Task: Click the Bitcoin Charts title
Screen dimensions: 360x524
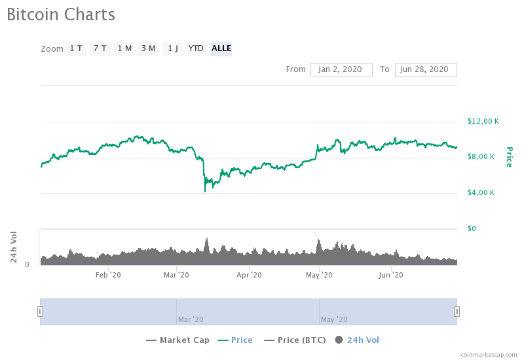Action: (x=60, y=14)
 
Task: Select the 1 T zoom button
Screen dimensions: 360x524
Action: (x=76, y=48)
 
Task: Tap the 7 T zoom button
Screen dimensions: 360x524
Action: (x=100, y=48)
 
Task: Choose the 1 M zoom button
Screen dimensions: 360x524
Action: (x=124, y=48)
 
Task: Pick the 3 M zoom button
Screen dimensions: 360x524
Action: (x=148, y=48)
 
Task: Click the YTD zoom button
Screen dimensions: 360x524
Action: (x=196, y=48)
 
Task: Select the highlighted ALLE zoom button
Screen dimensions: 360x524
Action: (x=221, y=48)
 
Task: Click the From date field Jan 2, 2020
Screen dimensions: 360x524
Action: (x=341, y=69)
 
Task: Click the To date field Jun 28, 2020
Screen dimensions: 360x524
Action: (x=425, y=69)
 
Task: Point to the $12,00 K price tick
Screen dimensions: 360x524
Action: (x=483, y=121)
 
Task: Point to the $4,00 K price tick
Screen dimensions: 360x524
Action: (x=481, y=192)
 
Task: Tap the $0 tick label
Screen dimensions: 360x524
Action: (x=472, y=228)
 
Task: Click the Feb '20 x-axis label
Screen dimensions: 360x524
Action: (x=108, y=275)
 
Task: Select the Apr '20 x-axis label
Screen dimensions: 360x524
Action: (x=249, y=275)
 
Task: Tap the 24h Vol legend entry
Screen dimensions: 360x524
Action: (x=357, y=340)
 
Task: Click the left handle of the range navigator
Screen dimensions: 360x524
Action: (x=40, y=312)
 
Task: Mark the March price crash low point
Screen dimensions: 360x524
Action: (x=205, y=191)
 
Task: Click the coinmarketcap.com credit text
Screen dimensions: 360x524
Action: (x=489, y=354)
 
